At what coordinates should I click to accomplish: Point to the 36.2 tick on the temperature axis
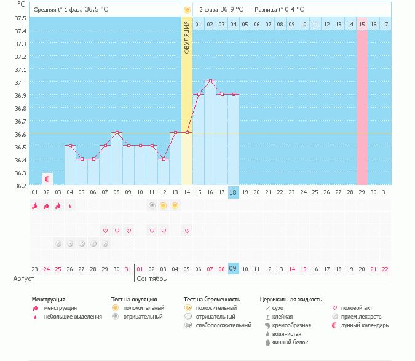point(20,185)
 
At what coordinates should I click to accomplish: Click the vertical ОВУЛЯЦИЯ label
point(187,36)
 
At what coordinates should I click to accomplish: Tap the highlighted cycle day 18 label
point(233,192)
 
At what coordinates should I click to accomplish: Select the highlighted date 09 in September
point(233,269)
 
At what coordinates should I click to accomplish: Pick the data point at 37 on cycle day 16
point(210,81)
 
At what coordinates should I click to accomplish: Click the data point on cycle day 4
point(70,146)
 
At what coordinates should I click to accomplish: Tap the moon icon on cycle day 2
point(47,178)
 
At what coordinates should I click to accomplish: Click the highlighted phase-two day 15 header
point(362,24)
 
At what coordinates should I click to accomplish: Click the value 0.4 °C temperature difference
point(293,10)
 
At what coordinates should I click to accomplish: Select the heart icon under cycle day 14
point(187,231)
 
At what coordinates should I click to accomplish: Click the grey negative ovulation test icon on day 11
point(152,205)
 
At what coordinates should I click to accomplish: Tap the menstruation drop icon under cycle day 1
point(34,205)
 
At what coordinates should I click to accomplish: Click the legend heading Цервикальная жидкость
point(291,300)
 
